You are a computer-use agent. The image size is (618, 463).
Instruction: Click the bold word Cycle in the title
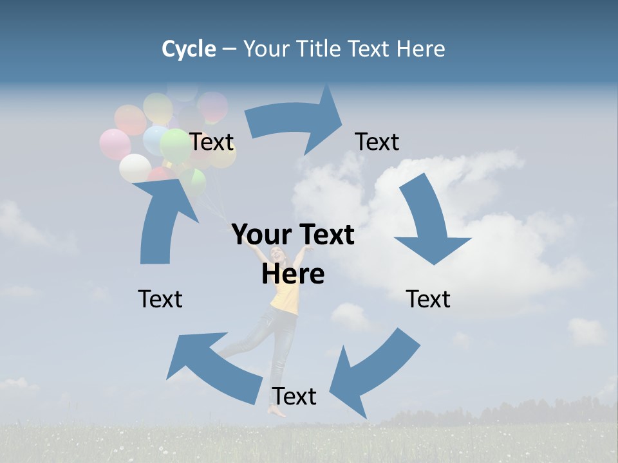coord(189,49)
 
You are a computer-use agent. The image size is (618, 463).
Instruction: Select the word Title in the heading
coord(320,49)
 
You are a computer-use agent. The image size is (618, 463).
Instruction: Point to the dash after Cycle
coord(229,50)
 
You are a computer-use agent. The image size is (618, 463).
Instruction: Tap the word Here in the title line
coord(420,49)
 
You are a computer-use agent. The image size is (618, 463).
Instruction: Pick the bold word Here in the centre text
coord(293,274)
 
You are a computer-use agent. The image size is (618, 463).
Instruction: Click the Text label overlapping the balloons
coord(211,142)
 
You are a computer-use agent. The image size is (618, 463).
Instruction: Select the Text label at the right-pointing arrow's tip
coord(377,142)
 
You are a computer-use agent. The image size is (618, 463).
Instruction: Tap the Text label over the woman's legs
coord(294,397)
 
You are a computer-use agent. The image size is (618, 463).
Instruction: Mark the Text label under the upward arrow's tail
coord(160,299)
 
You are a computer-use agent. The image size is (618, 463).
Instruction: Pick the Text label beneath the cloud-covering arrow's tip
coord(428,299)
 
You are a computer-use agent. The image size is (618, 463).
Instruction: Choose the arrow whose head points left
coord(212,367)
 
